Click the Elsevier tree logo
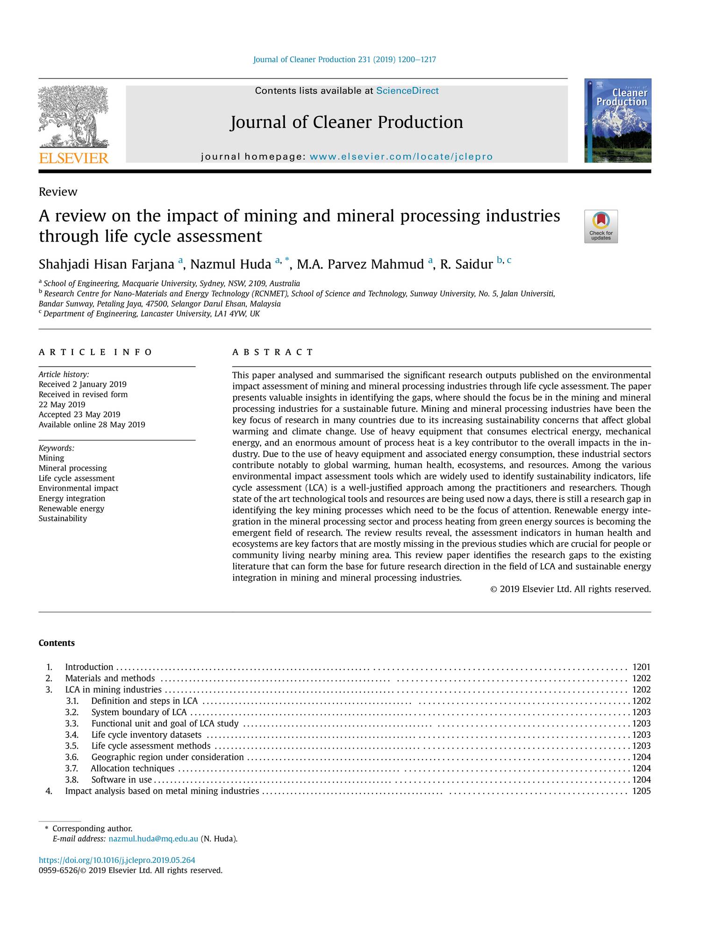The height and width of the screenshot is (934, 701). pyautogui.click(x=73, y=117)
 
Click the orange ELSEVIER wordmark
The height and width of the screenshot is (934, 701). pyautogui.click(x=73, y=158)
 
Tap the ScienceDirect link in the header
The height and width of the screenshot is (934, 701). pyautogui.click(x=407, y=91)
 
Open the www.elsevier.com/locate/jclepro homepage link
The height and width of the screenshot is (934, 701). pyautogui.click(x=401, y=156)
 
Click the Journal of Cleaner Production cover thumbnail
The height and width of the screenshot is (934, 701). pyautogui.click(x=617, y=120)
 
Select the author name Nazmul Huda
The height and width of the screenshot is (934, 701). pyautogui.click(x=230, y=264)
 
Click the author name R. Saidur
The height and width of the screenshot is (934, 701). pyautogui.click(x=466, y=264)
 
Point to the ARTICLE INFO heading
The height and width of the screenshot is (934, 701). pyautogui.click(x=95, y=352)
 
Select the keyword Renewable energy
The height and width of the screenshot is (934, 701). pyautogui.click(x=72, y=509)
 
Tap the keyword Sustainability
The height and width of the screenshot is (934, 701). pyautogui.click(x=63, y=518)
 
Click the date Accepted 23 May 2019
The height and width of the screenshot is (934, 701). pyautogui.click(x=79, y=415)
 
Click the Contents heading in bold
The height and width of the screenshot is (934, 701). pyautogui.click(x=57, y=643)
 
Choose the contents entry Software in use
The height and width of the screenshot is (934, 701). pyautogui.click(x=122, y=779)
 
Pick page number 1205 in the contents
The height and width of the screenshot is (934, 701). pyautogui.click(x=641, y=791)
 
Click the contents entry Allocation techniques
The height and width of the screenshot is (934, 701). pyautogui.click(x=132, y=768)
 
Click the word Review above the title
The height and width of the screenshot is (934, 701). pyautogui.click(x=58, y=192)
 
